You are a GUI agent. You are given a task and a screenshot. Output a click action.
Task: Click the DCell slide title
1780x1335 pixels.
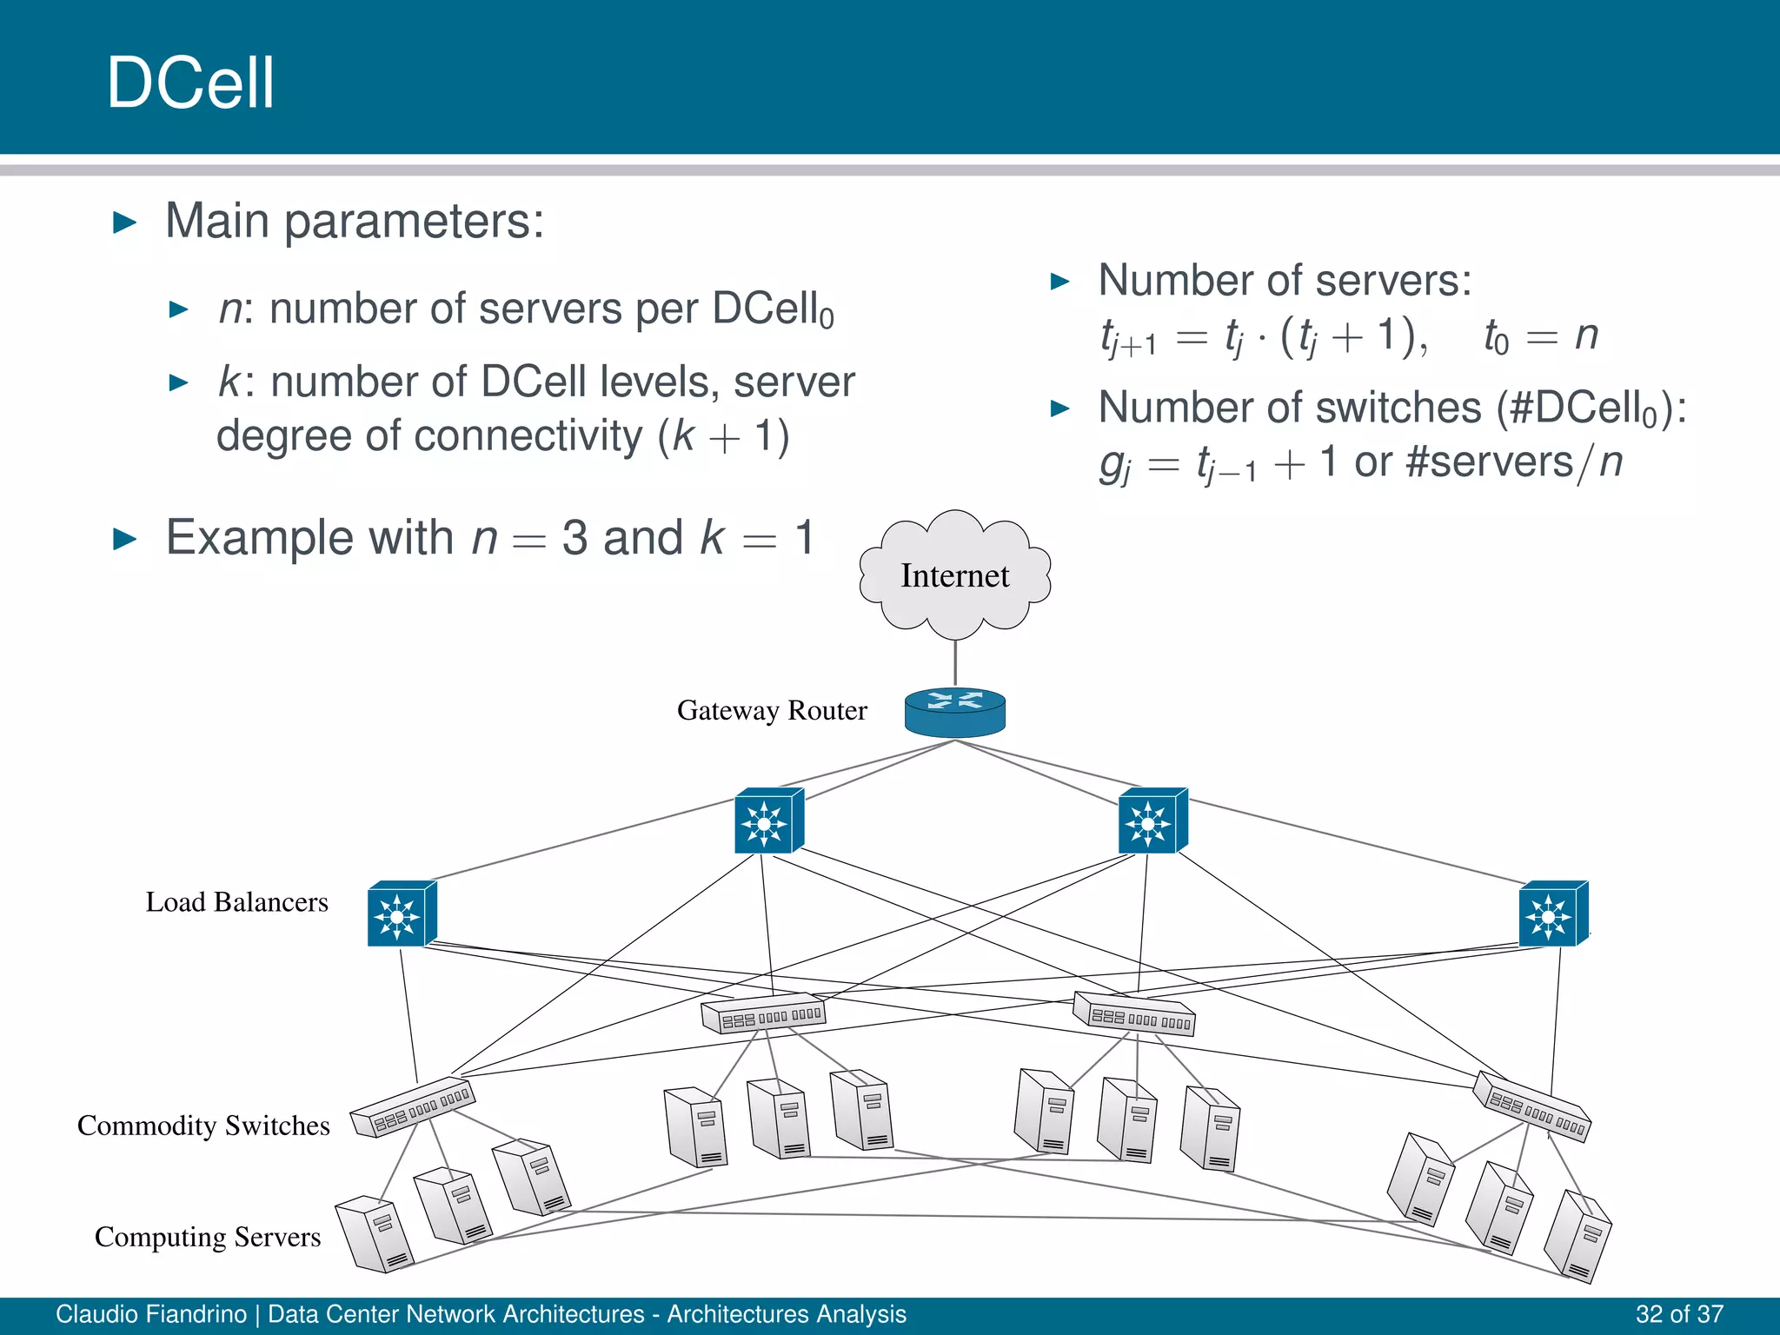point(190,83)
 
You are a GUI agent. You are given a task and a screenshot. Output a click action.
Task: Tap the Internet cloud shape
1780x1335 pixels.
point(954,575)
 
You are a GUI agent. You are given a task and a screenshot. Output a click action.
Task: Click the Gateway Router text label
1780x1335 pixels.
point(771,711)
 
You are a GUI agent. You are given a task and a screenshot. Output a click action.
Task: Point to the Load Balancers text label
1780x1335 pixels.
point(236,902)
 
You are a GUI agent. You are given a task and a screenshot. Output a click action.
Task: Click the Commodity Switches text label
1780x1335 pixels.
point(203,1126)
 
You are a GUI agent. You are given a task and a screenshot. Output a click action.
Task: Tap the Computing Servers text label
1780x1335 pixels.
point(207,1237)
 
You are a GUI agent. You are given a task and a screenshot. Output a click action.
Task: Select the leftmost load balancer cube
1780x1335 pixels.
point(401,914)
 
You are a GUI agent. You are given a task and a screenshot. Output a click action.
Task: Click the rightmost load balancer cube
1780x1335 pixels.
point(1552,914)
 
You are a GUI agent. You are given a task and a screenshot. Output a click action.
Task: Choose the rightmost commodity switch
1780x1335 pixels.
point(1532,1106)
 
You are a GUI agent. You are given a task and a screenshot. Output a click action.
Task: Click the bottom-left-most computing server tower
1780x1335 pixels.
point(375,1235)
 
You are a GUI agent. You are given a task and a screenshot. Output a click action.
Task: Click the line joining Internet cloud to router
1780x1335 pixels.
point(955,663)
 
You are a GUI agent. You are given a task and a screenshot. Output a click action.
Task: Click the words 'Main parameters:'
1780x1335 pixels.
point(355,221)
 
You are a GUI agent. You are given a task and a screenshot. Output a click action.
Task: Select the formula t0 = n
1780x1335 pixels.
point(1540,336)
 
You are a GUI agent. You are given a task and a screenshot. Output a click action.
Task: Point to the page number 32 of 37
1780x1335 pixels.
point(1678,1314)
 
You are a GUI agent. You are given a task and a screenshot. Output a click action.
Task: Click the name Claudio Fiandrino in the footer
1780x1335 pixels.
point(151,1314)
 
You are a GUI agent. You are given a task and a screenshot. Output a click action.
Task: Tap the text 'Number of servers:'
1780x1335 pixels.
point(1285,281)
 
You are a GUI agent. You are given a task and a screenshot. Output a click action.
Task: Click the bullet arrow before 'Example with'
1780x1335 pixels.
point(125,539)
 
